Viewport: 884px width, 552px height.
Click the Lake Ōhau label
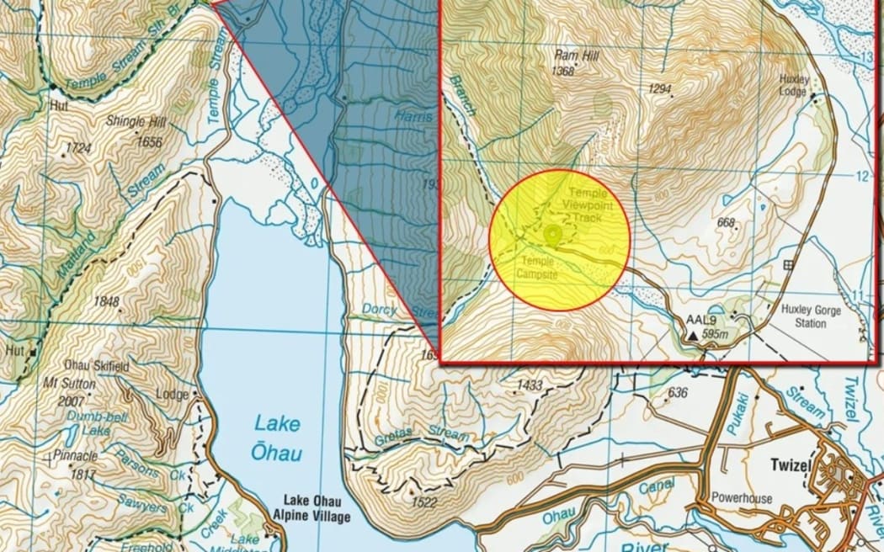click(275, 437)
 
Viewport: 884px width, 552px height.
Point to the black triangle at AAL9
click(692, 335)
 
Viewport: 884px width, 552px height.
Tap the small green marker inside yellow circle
click(552, 233)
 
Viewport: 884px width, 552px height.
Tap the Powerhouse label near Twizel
click(741, 498)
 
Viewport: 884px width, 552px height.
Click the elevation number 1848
click(106, 302)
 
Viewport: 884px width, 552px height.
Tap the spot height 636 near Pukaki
click(677, 392)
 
